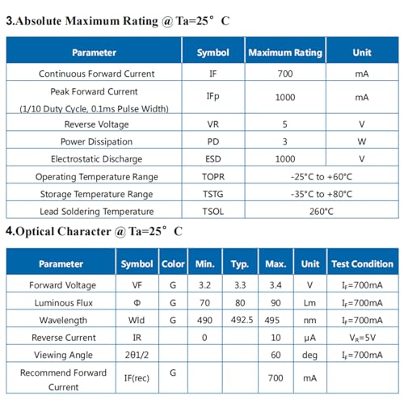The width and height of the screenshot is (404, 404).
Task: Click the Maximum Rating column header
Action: click(285, 53)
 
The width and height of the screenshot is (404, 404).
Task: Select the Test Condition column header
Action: click(363, 264)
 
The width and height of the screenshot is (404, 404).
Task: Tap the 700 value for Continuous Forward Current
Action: click(285, 74)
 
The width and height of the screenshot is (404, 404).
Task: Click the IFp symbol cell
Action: click(213, 96)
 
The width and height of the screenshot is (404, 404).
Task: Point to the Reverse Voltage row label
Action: click(96, 124)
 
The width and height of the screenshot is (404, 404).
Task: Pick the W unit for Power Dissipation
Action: click(362, 141)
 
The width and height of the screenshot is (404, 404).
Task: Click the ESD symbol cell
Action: click(213, 159)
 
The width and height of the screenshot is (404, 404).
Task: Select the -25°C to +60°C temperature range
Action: click(322, 177)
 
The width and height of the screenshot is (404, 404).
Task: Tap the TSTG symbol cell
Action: click(213, 194)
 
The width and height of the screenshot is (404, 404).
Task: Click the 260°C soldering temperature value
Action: click(322, 212)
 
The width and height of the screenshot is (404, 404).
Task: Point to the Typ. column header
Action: click(240, 264)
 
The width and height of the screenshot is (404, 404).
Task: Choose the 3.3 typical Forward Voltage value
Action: click(240, 285)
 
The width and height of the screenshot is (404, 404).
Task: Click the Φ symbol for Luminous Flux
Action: click(137, 303)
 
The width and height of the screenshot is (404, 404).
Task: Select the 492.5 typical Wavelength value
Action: click(242, 320)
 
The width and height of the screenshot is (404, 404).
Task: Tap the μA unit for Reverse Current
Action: click(309, 338)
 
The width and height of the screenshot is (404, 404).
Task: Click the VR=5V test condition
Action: click(362, 338)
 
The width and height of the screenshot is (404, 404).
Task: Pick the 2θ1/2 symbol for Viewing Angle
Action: click(137, 355)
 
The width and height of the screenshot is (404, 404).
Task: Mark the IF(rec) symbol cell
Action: click(137, 378)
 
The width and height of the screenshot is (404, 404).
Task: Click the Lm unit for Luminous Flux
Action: click(309, 303)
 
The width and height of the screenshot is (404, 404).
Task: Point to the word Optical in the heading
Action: click(36, 232)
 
